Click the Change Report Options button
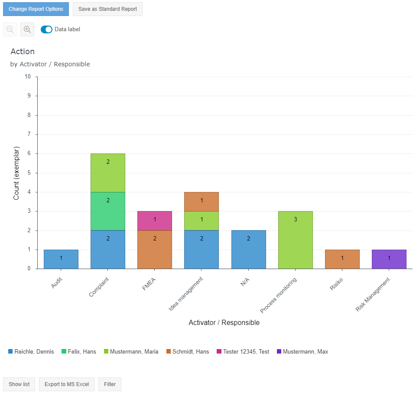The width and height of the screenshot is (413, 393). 36,9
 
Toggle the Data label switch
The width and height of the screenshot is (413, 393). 46,29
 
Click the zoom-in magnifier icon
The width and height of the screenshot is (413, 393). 27,29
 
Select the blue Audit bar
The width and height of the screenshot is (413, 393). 61,259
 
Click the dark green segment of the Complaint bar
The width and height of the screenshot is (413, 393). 108,211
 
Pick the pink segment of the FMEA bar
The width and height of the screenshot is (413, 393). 155,221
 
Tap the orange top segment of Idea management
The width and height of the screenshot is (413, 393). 202,201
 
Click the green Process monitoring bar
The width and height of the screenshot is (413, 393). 295,240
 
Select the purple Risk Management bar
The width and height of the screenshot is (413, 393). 389,259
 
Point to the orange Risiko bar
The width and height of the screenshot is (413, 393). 342,259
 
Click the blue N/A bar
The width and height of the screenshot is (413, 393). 248,249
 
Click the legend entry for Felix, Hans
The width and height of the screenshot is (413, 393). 82,352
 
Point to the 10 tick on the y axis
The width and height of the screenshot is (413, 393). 28,77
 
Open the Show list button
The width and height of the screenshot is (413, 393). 19,384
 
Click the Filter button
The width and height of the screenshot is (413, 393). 110,384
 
